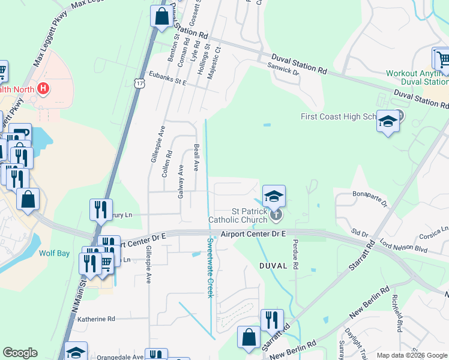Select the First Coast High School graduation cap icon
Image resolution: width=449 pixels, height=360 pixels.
tap(388, 122)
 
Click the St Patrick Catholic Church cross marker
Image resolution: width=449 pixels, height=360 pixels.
tap(276, 214)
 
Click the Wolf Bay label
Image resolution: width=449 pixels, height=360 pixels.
tap(55, 253)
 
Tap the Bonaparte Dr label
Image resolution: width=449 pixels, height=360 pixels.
tap(370, 198)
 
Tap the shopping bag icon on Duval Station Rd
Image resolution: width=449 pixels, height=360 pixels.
tap(161, 16)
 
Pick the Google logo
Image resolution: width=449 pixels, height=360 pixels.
tap(20, 353)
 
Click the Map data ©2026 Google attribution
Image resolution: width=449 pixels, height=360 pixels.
tap(412, 355)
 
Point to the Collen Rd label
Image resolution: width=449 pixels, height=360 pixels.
tap(167, 162)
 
